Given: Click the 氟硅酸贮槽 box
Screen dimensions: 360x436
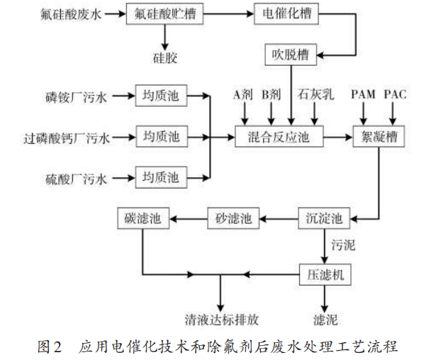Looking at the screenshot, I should (x=165, y=13).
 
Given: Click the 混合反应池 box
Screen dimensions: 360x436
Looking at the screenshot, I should (x=279, y=135).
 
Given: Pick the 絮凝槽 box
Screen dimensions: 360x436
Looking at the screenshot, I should (x=379, y=135).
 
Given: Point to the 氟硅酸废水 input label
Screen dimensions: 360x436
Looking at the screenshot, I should (x=71, y=14).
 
